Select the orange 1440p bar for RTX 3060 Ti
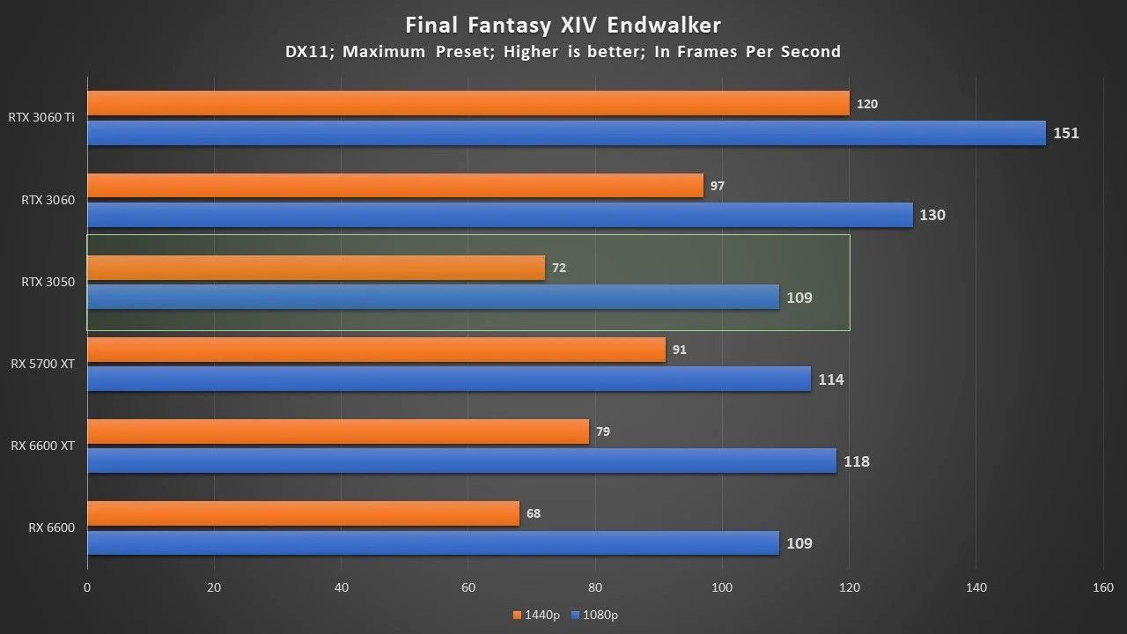[x=468, y=103]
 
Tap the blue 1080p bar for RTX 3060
[x=499, y=215]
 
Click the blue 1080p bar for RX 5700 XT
[x=448, y=380]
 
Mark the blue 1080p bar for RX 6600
[x=432, y=543]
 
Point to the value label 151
[x=1065, y=134]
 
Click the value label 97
[x=717, y=186]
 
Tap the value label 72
[x=558, y=268]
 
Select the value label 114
[x=830, y=380]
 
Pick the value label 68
[x=534, y=513]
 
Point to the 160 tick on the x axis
[x=1103, y=587]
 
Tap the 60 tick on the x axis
[x=468, y=587]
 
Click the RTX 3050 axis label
[x=48, y=282]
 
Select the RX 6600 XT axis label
[x=42, y=446]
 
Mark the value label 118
[x=856, y=461]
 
